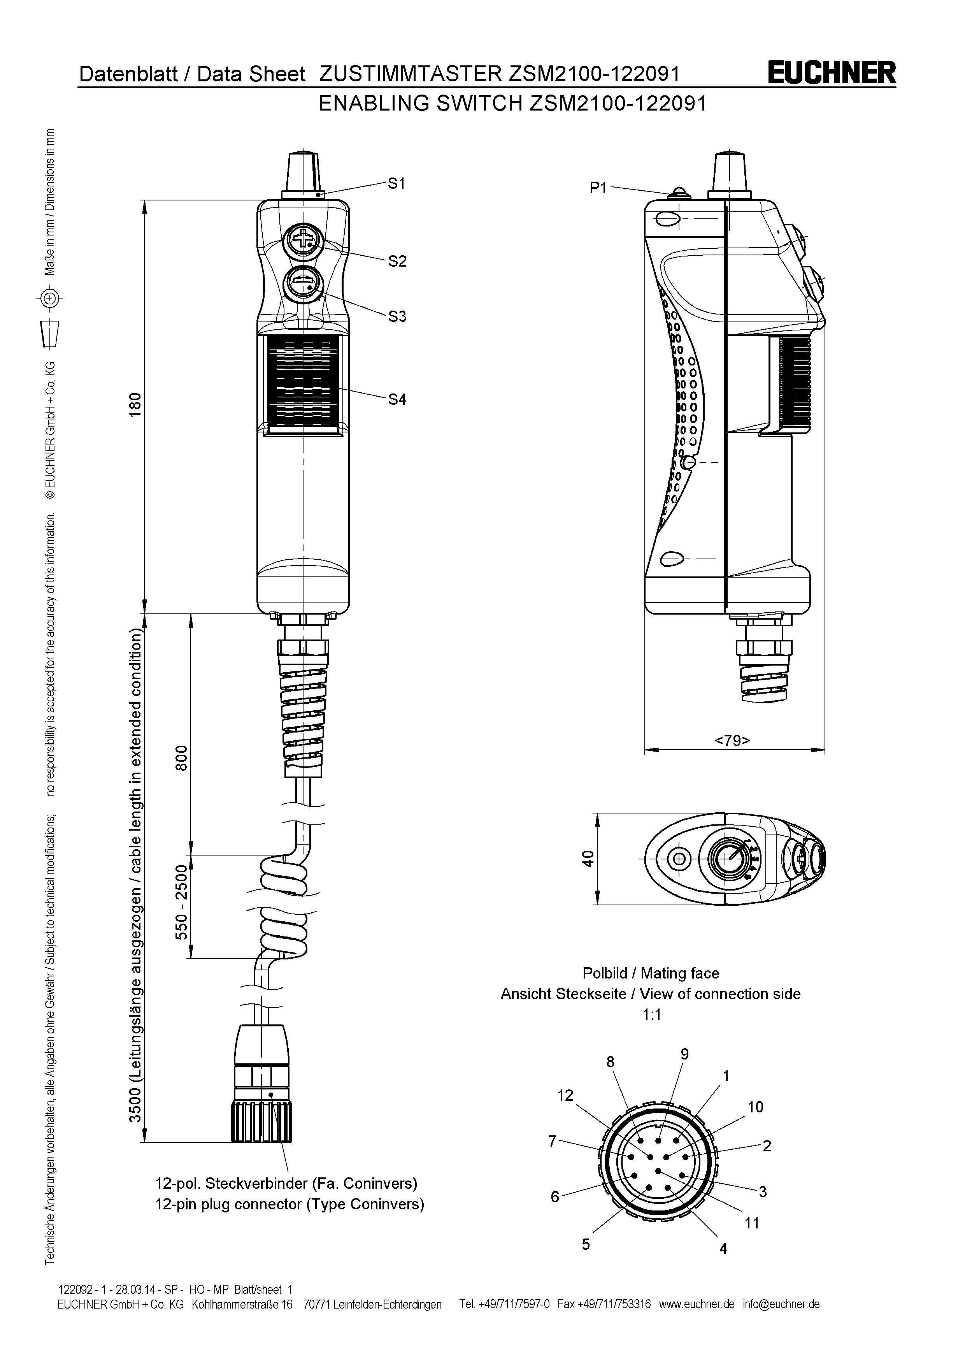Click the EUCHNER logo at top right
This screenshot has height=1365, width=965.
tap(832, 73)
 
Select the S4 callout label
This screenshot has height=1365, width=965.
tap(397, 399)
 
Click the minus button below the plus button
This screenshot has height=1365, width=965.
tap(304, 285)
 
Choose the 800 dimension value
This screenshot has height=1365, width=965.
tap(181, 757)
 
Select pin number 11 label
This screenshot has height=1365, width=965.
tap(752, 1223)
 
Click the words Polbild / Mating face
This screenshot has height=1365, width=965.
tap(651, 973)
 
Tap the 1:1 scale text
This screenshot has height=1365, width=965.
tap(651, 1015)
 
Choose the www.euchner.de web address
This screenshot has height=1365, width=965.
tap(697, 1304)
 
